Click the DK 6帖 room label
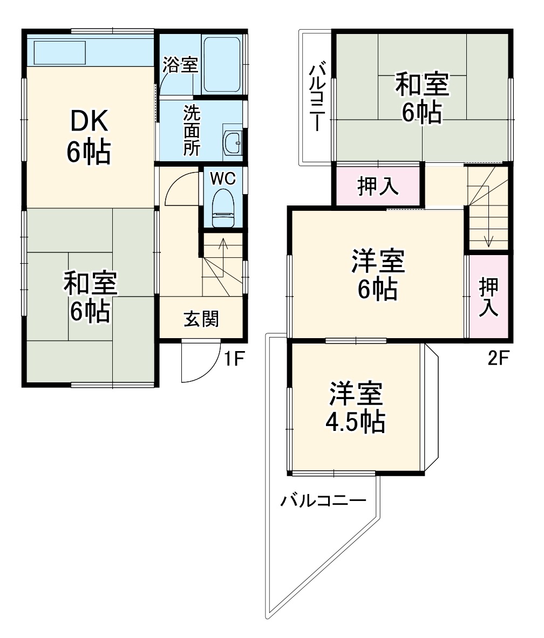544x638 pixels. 89,138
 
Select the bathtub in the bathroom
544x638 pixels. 222,65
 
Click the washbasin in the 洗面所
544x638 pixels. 233,143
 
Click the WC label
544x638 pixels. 222,179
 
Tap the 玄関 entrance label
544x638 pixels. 201,319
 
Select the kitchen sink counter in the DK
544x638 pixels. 61,52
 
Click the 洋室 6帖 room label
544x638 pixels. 377,276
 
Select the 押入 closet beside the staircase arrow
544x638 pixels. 489,296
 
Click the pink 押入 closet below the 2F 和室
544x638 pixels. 378,187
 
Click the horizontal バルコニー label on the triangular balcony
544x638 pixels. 323,501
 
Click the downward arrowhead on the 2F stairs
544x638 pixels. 488,242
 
